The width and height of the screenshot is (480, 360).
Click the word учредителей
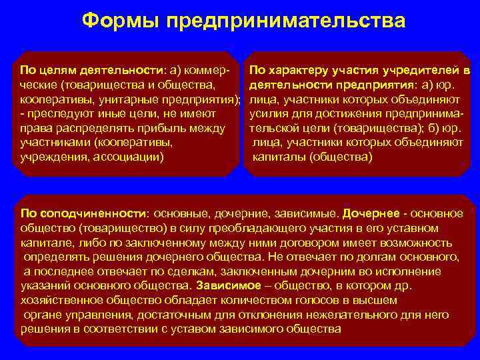(423, 69)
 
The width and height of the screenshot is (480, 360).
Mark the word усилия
(267, 113)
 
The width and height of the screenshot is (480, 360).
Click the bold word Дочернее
(371, 213)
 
